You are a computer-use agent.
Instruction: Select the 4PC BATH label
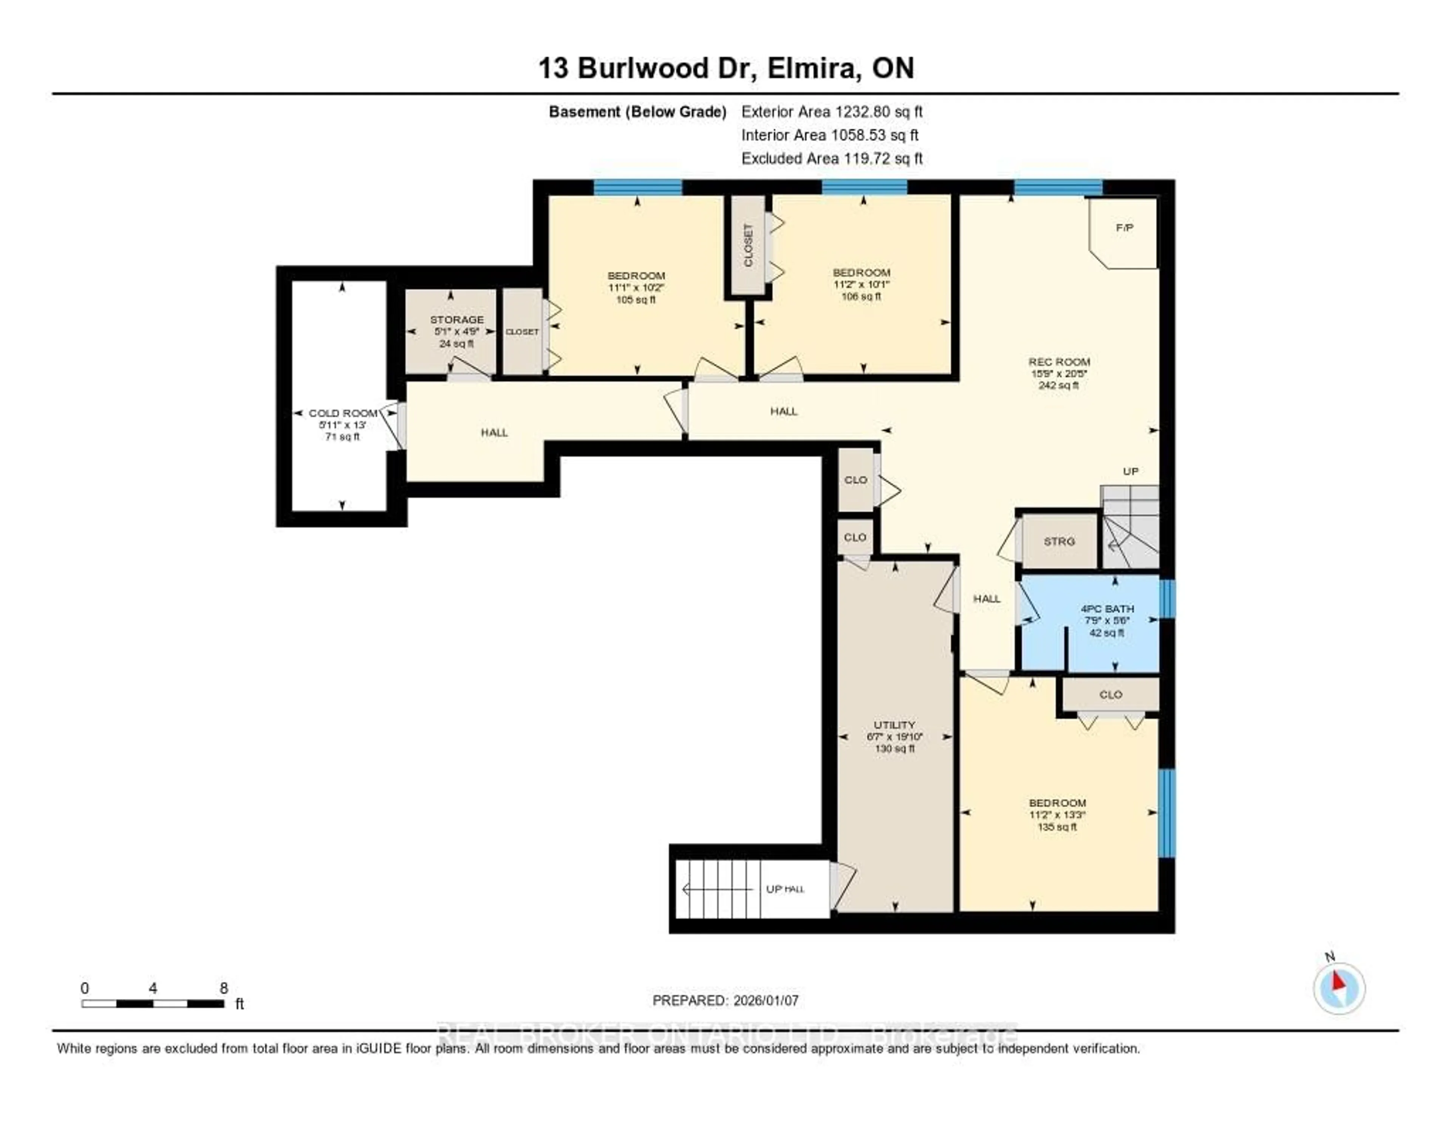tap(1107, 608)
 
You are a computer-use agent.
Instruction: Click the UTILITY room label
tap(894, 725)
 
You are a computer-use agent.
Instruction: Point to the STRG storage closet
tap(1059, 542)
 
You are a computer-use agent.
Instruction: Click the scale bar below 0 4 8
tap(153, 1003)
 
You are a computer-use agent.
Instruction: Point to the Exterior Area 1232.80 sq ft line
tap(832, 111)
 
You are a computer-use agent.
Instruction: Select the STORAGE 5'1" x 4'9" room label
tap(456, 325)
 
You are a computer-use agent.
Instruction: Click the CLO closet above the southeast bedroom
tap(1110, 694)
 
